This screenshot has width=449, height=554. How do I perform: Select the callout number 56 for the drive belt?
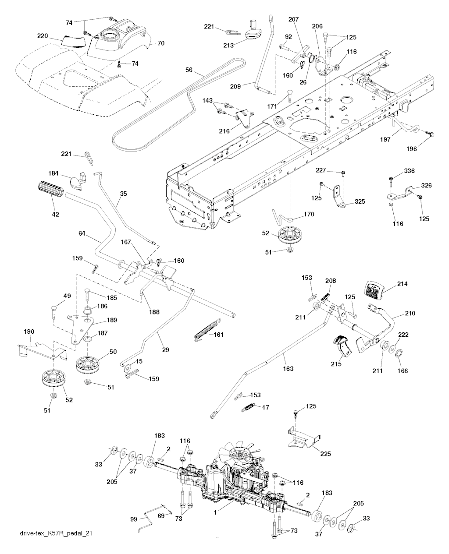pos(189,70)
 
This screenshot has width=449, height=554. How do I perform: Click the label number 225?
pos(327,453)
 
